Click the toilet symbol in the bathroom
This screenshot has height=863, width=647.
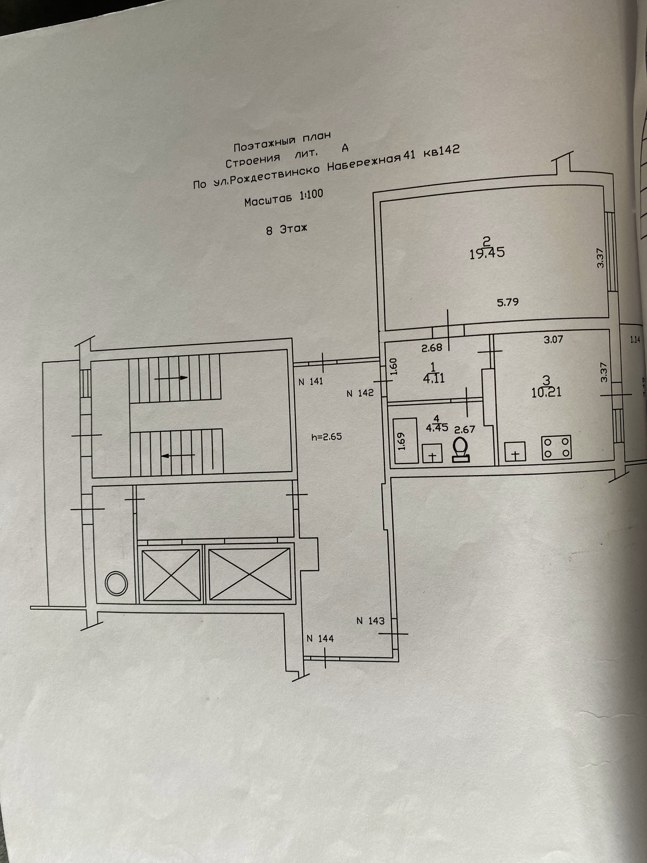[x=461, y=450]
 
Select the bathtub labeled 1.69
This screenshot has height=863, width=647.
[x=405, y=441]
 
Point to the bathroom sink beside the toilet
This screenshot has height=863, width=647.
[x=432, y=453]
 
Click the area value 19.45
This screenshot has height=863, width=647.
[x=488, y=252]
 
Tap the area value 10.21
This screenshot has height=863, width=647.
[x=546, y=392]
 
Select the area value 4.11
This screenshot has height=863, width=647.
[x=434, y=378]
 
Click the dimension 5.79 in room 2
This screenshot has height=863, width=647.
[x=508, y=302]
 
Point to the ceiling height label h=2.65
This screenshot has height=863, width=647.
[x=327, y=437]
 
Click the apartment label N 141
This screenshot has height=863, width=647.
[x=310, y=382]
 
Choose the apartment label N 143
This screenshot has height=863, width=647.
[x=370, y=620]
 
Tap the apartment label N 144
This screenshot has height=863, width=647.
[x=320, y=639]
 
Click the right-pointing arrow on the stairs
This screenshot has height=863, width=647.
[x=171, y=378]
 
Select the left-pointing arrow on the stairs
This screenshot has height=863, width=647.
[x=178, y=454]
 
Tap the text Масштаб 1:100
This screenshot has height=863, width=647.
[x=283, y=198]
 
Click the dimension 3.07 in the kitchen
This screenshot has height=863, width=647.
[x=553, y=339]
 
